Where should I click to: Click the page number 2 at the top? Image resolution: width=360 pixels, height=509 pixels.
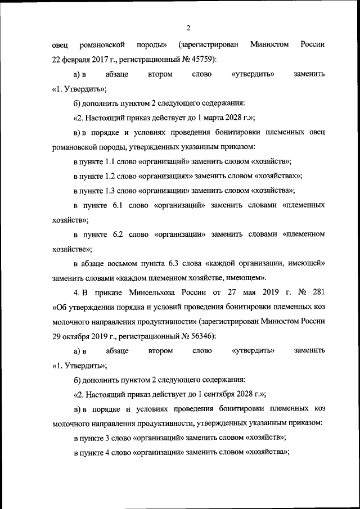pos(188,28)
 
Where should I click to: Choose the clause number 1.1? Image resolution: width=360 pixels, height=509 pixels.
pos(114,161)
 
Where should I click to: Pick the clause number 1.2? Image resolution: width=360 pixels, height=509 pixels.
pos(114,176)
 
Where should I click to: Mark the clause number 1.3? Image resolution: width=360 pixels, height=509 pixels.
pos(114,191)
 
